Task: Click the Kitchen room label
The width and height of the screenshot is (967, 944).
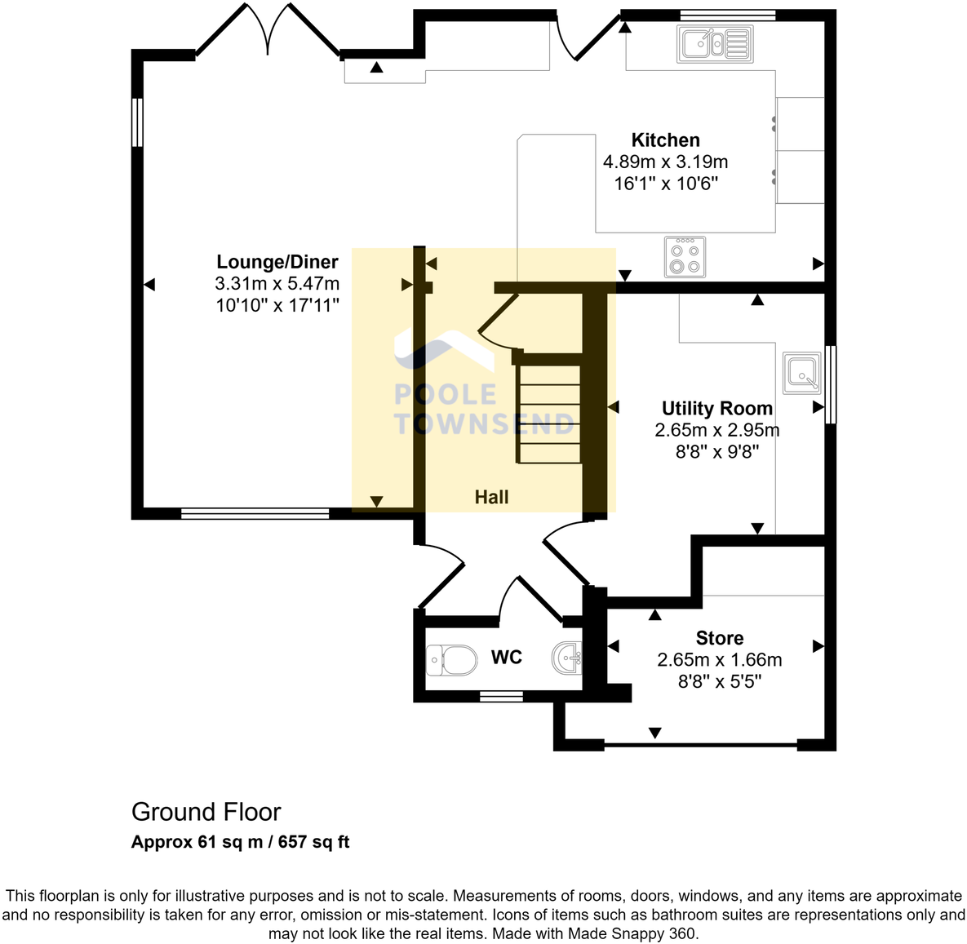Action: tap(665, 140)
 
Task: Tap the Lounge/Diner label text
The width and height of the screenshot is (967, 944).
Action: tap(277, 262)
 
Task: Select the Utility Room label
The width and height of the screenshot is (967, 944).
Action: tap(716, 408)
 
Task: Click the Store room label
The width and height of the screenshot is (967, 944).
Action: tap(719, 638)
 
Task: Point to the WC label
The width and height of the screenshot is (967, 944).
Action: tap(506, 658)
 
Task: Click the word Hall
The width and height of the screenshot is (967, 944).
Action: tap(491, 497)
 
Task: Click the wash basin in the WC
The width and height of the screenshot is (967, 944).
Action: tap(568, 658)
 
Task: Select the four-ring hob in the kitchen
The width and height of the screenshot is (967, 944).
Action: tap(685, 257)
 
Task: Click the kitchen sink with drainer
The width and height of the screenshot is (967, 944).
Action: tap(714, 44)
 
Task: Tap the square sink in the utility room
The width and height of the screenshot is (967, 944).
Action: tap(801, 373)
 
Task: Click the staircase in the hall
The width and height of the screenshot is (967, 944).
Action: tap(550, 414)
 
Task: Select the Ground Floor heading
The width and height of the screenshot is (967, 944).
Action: tap(206, 812)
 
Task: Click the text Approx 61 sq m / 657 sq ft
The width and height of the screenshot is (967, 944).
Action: tap(240, 842)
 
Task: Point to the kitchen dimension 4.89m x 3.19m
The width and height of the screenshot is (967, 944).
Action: tap(665, 162)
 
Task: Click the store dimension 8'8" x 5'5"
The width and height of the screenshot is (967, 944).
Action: tap(719, 680)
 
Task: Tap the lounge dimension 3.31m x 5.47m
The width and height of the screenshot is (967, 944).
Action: tap(277, 283)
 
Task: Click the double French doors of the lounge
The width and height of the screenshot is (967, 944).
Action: tap(268, 33)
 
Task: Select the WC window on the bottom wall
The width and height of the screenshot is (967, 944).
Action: tap(500, 696)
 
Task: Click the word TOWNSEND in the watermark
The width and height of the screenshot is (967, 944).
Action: tap(484, 423)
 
